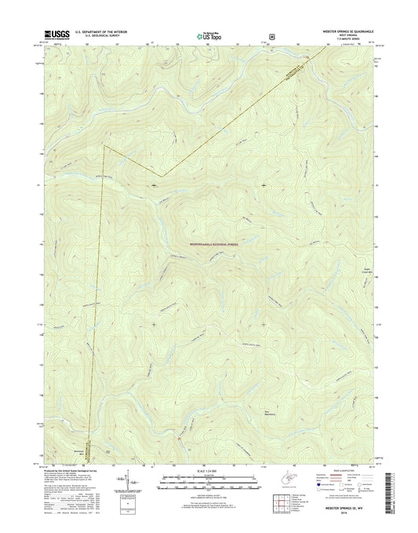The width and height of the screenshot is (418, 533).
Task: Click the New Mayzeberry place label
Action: point(311,417)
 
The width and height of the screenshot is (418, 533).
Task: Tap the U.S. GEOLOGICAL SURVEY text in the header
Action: point(97,36)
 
